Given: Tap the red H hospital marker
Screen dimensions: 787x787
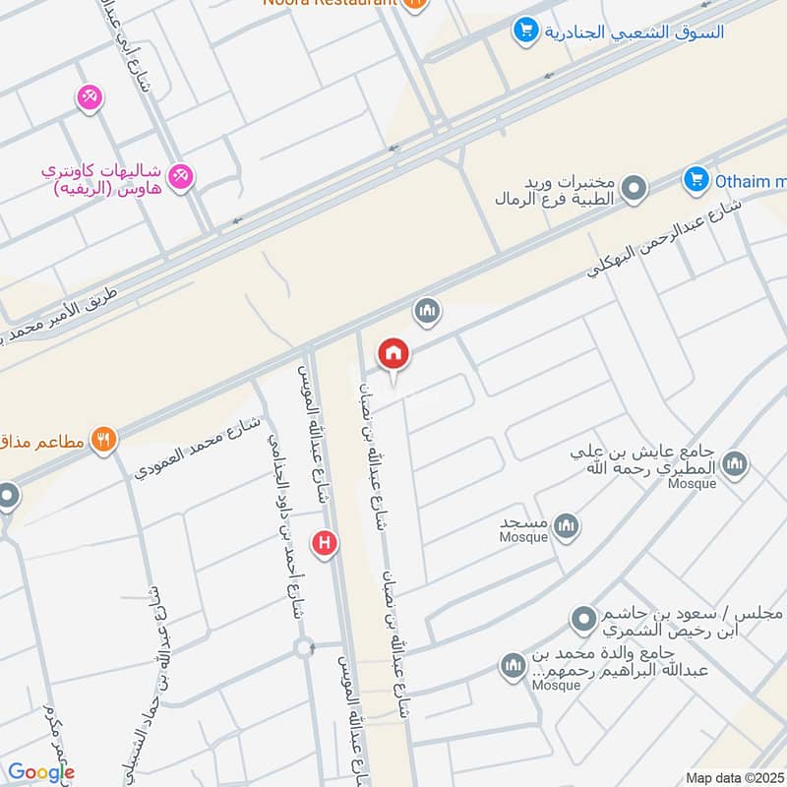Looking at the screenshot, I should click(325, 542).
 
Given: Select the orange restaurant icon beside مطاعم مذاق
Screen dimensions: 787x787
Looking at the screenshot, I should click(103, 440).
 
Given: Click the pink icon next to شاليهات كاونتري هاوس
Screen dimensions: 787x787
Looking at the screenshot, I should click(180, 177).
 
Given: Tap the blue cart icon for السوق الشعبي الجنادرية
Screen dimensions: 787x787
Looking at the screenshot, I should click(526, 31).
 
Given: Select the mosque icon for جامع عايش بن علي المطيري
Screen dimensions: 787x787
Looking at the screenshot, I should click(733, 462).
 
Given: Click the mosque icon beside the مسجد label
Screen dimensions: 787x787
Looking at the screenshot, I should click(566, 527).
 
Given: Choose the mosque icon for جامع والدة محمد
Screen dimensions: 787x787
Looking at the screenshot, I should click(513, 667).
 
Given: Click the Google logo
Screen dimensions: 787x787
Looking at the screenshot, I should click(40, 773).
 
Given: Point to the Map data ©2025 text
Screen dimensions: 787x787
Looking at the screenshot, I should click(733, 777).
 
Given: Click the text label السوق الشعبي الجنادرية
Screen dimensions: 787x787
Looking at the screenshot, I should click(635, 31).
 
